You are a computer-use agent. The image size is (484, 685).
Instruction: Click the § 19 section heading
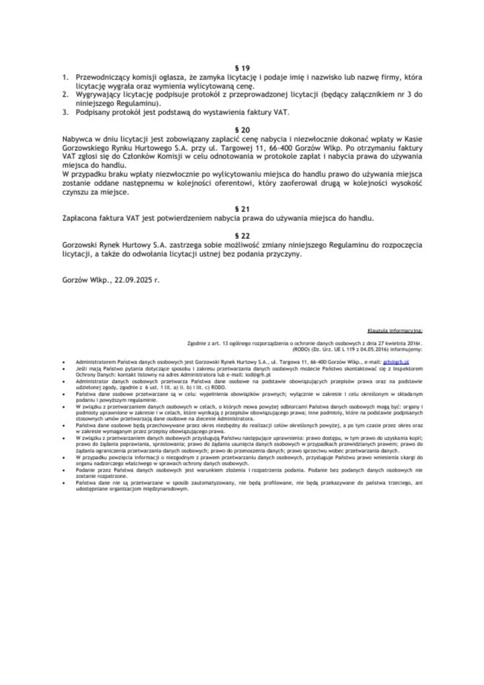(x=242, y=67)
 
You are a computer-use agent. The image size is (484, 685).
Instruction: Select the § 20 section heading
(x=242, y=130)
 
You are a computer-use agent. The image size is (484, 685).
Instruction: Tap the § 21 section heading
(x=242, y=209)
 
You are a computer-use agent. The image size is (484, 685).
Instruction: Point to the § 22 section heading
(x=242, y=235)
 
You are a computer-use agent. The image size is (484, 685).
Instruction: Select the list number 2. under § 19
(x=66, y=93)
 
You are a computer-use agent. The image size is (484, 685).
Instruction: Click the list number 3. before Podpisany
(x=66, y=112)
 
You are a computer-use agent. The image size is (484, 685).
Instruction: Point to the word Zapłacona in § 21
(x=80, y=219)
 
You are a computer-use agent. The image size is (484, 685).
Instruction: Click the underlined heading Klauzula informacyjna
(x=403, y=331)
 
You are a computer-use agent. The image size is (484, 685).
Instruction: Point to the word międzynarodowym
(x=162, y=489)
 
